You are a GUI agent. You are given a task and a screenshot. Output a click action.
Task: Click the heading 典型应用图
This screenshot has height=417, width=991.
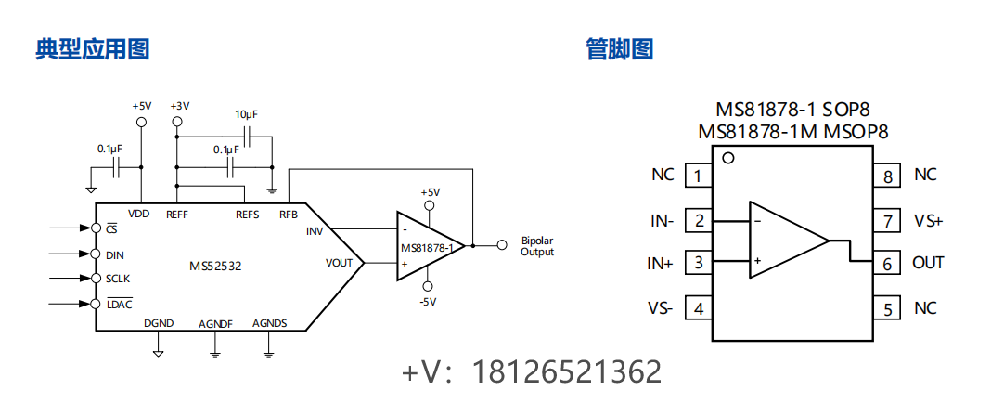click(93, 49)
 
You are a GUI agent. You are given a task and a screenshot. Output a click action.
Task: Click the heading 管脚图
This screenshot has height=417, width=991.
click(620, 49)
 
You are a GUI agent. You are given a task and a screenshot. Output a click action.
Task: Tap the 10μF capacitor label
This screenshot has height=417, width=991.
click(246, 114)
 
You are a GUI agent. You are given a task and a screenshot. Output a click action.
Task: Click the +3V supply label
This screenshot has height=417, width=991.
click(179, 106)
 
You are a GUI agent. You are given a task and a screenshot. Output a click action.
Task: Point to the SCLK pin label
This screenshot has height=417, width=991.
click(119, 279)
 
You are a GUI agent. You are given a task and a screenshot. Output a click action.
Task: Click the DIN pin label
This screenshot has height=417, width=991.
click(114, 254)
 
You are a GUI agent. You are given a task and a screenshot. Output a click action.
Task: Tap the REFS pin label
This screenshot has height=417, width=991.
click(247, 215)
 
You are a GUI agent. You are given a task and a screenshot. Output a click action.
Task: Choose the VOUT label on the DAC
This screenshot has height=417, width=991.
click(339, 263)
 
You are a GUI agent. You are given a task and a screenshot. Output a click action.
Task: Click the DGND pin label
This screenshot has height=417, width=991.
click(159, 323)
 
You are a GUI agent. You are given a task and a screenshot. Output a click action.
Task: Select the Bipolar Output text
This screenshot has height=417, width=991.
click(537, 246)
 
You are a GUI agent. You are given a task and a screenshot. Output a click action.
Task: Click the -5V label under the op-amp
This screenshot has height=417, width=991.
click(428, 302)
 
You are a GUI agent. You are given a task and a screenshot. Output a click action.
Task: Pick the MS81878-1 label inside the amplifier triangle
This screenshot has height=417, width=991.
click(427, 248)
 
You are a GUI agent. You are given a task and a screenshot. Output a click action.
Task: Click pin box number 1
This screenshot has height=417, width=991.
click(698, 176)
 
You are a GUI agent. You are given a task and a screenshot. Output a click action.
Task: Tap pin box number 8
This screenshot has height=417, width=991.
click(887, 176)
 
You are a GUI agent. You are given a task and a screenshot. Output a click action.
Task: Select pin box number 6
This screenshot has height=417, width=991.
click(887, 264)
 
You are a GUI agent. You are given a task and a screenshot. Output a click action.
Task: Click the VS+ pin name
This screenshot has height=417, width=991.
click(928, 221)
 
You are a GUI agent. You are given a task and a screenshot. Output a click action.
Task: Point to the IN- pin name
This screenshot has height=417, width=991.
click(662, 221)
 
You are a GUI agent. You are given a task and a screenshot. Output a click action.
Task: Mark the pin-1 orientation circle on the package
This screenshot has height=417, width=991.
click(728, 158)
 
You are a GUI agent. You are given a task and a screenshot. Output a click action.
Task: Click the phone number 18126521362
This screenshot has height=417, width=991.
click(567, 372)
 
